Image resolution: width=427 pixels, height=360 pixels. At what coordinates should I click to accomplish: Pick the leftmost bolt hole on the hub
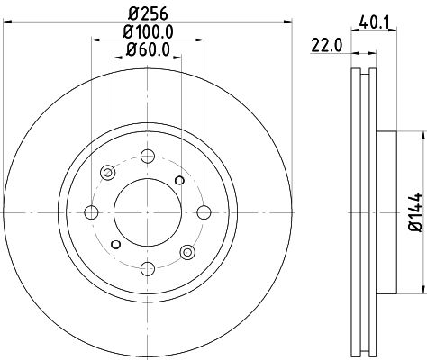tap(91, 213)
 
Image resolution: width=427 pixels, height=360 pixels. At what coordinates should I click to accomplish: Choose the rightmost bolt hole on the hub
tap(204, 213)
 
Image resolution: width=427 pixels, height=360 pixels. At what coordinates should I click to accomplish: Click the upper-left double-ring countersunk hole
tap(108, 174)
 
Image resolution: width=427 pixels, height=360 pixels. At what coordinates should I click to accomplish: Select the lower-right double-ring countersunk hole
tap(187, 253)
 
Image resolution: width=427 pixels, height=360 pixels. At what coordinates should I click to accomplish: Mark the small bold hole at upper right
tap(180, 181)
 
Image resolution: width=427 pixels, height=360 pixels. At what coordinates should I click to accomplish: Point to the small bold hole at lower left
tap(115, 245)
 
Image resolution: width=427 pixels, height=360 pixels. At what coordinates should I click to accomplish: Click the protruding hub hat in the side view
tap(385, 212)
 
